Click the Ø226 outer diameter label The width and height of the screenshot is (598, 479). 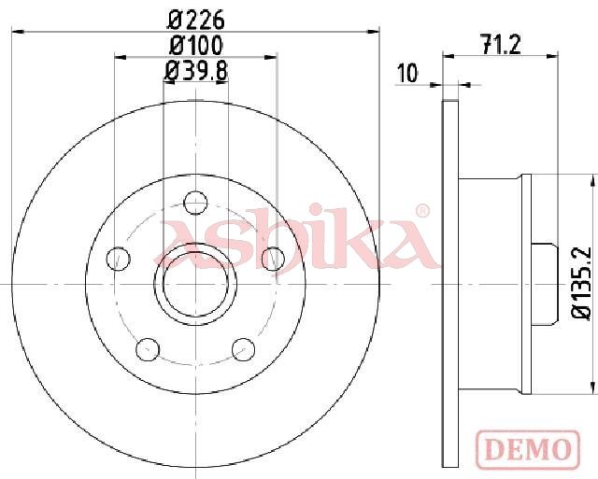click(x=196, y=20)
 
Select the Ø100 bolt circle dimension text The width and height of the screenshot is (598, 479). click(x=195, y=46)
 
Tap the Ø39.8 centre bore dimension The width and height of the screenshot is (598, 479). click(x=195, y=71)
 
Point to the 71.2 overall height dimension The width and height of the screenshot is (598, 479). click(x=501, y=45)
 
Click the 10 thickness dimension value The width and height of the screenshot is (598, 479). click(x=407, y=73)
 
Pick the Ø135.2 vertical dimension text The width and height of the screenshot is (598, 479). click(x=582, y=282)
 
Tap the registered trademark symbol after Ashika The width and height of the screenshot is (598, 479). click(x=422, y=211)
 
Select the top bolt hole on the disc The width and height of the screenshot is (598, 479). click(x=195, y=203)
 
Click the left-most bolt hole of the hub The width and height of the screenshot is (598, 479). click(x=118, y=259)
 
